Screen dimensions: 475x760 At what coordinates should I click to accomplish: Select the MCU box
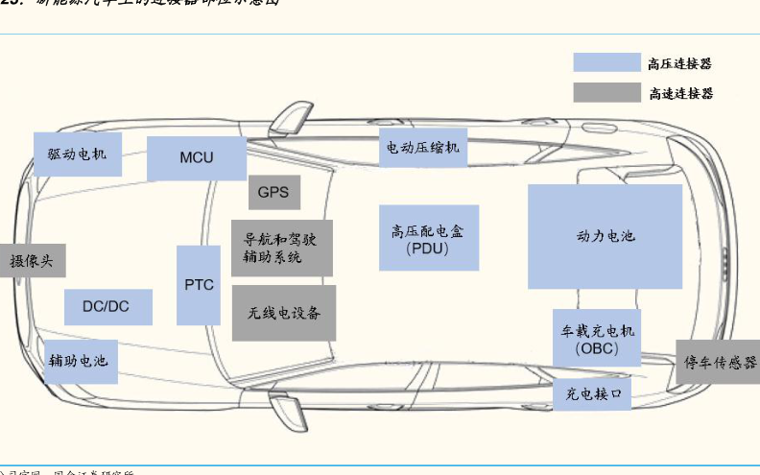pyautogui.click(x=197, y=157)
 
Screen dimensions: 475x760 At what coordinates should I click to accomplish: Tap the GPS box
pyautogui.click(x=273, y=192)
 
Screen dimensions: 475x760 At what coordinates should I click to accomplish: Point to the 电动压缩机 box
pyautogui.click(x=423, y=147)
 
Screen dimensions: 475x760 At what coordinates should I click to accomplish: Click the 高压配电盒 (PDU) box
pyautogui.click(x=428, y=238)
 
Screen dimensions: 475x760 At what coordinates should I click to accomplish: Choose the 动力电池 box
pyautogui.click(x=605, y=236)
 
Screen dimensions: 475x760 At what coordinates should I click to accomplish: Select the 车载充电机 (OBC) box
pyautogui.click(x=598, y=338)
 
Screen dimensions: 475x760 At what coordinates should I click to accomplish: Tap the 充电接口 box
pyautogui.click(x=592, y=392)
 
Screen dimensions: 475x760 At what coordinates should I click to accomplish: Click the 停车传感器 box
pyautogui.click(x=718, y=362)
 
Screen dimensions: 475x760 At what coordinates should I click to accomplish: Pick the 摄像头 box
pyautogui.click(x=33, y=260)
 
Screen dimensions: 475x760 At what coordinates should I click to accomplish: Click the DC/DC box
pyautogui.click(x=107, y=307)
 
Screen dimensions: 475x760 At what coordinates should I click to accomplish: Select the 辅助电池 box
pyautogui.click(x=80, y=362)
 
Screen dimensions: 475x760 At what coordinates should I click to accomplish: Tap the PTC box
pyautogui.click(x=199, y=285)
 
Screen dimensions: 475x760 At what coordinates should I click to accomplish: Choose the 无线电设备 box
pyautogui.click(x=284, y=313)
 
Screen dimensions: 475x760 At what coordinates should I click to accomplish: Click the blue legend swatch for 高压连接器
pyautogui.click(x=606, y=63)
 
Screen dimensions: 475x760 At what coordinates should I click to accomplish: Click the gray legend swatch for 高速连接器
pyautogui.click(x=606, y=93)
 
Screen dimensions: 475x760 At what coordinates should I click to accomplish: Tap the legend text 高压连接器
pyautogui.click(x=680, y=64)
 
